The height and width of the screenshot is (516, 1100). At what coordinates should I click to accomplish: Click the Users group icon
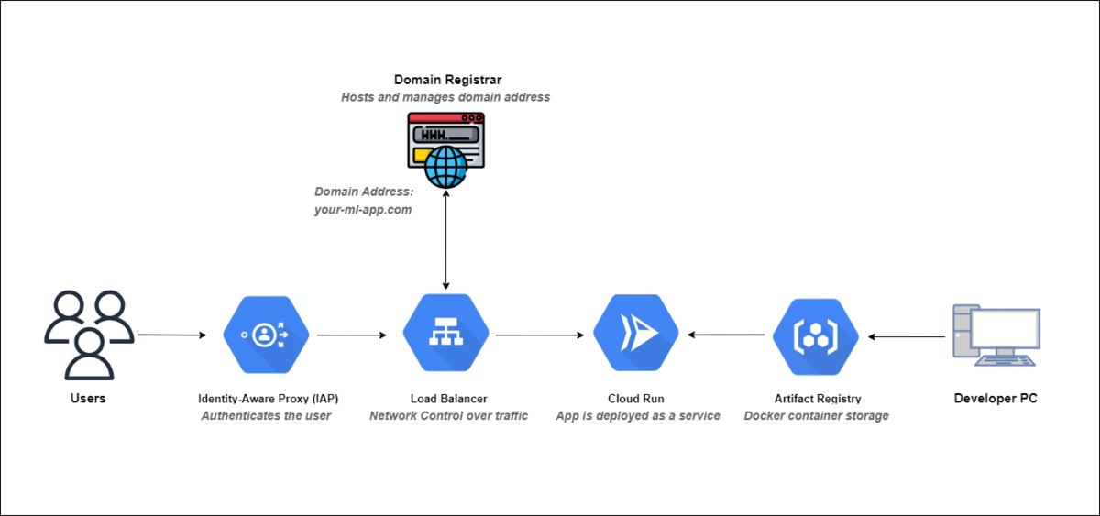(89, 335)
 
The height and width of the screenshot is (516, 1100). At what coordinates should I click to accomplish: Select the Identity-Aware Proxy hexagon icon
(266, 335)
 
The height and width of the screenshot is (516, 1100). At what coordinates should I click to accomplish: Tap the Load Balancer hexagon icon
(445, 333)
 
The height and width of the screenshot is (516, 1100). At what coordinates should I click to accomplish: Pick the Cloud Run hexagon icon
(636, 333)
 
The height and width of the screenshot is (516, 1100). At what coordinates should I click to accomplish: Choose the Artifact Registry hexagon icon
(816, 336)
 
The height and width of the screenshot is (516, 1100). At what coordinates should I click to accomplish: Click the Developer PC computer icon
(996, 335)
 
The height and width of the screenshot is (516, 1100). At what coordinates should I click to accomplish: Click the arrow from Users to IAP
(172, 335)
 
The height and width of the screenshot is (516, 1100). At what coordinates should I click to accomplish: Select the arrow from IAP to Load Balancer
(352, 335)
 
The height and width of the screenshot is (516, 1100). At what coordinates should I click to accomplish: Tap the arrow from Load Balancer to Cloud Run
(540, 335)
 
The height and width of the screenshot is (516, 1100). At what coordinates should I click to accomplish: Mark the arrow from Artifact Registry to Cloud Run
(726, 335)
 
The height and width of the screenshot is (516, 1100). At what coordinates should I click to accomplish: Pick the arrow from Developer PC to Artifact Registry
(907, 336)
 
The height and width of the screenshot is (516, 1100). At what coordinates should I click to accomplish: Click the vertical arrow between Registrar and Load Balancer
(445, 239)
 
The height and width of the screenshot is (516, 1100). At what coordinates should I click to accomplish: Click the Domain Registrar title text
(448, 80)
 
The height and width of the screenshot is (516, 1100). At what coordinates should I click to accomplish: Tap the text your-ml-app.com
(363, 210)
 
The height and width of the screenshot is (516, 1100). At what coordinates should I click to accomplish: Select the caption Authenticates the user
(266, 416)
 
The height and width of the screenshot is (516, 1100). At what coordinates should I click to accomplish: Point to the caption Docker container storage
(816, 416)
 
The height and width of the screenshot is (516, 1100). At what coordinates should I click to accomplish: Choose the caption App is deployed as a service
(638, 416)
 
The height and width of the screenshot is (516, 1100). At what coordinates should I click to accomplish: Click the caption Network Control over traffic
(448, 416)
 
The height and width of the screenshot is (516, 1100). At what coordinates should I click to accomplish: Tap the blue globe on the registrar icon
(445, 167)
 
